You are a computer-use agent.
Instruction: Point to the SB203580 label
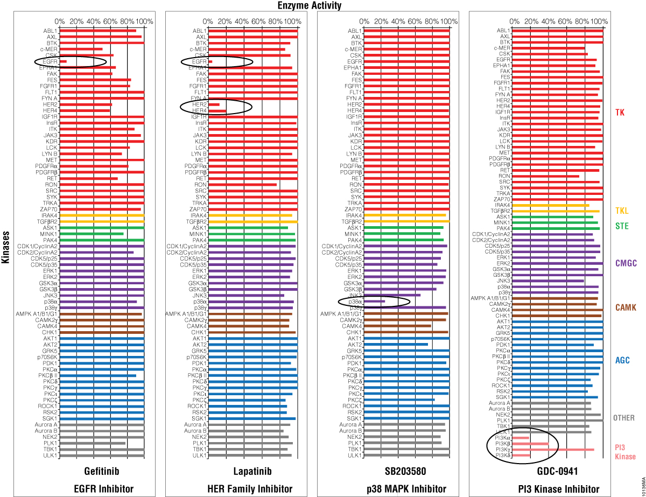click(x=406, y=472)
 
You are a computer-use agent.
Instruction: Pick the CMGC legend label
click(x=626, y=263)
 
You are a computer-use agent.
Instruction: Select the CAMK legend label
click(x=626, y=307)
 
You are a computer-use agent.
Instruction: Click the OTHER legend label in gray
click(x=624, y=418)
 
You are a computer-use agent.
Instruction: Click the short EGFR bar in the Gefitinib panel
click(x=63, y=61)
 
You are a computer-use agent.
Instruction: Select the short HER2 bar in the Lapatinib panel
click(x=214, y=104)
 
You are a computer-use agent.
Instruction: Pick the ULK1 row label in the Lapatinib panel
click(x=200, y=456)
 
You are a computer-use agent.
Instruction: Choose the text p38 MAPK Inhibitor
click(x=406, y=489)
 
